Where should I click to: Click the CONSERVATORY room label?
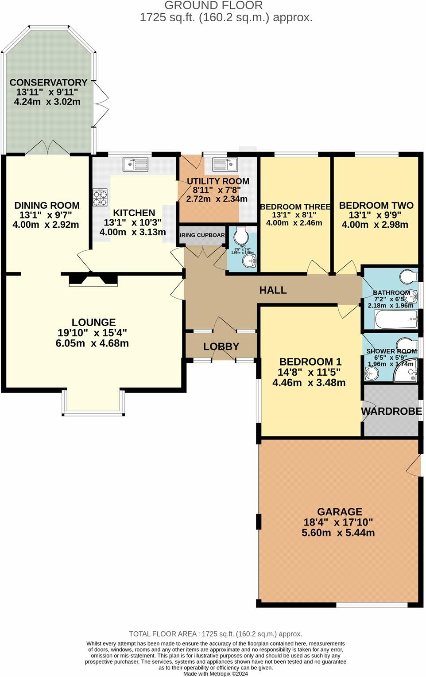pos(48,83)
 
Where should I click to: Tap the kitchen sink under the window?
pos(136,164)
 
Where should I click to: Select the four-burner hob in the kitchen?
pos(100,197)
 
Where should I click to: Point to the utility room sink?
pos(225,164)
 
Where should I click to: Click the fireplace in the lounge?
pos(93,280)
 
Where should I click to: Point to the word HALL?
pos(273,290)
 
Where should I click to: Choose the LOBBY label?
pos(221,346)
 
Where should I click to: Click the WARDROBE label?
pos(391,412)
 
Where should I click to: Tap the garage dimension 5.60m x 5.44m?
pos(338,533)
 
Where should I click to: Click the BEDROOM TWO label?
pos(376,206)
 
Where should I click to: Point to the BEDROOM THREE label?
pos(295,207)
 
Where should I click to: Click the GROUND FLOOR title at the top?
pos(213,6)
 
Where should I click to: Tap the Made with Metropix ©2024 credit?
pos(216,673)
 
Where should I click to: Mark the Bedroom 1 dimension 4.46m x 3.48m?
pos(309,383)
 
